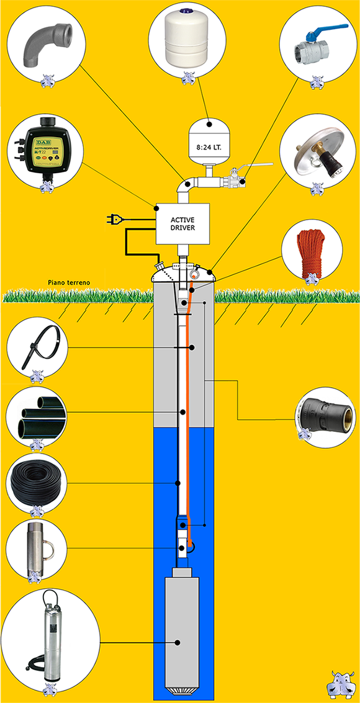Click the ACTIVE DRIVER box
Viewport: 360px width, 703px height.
tap(182, 223)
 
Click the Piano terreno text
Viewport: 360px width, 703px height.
tap(70, 283)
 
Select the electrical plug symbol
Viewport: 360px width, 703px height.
tap(116, 219)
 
